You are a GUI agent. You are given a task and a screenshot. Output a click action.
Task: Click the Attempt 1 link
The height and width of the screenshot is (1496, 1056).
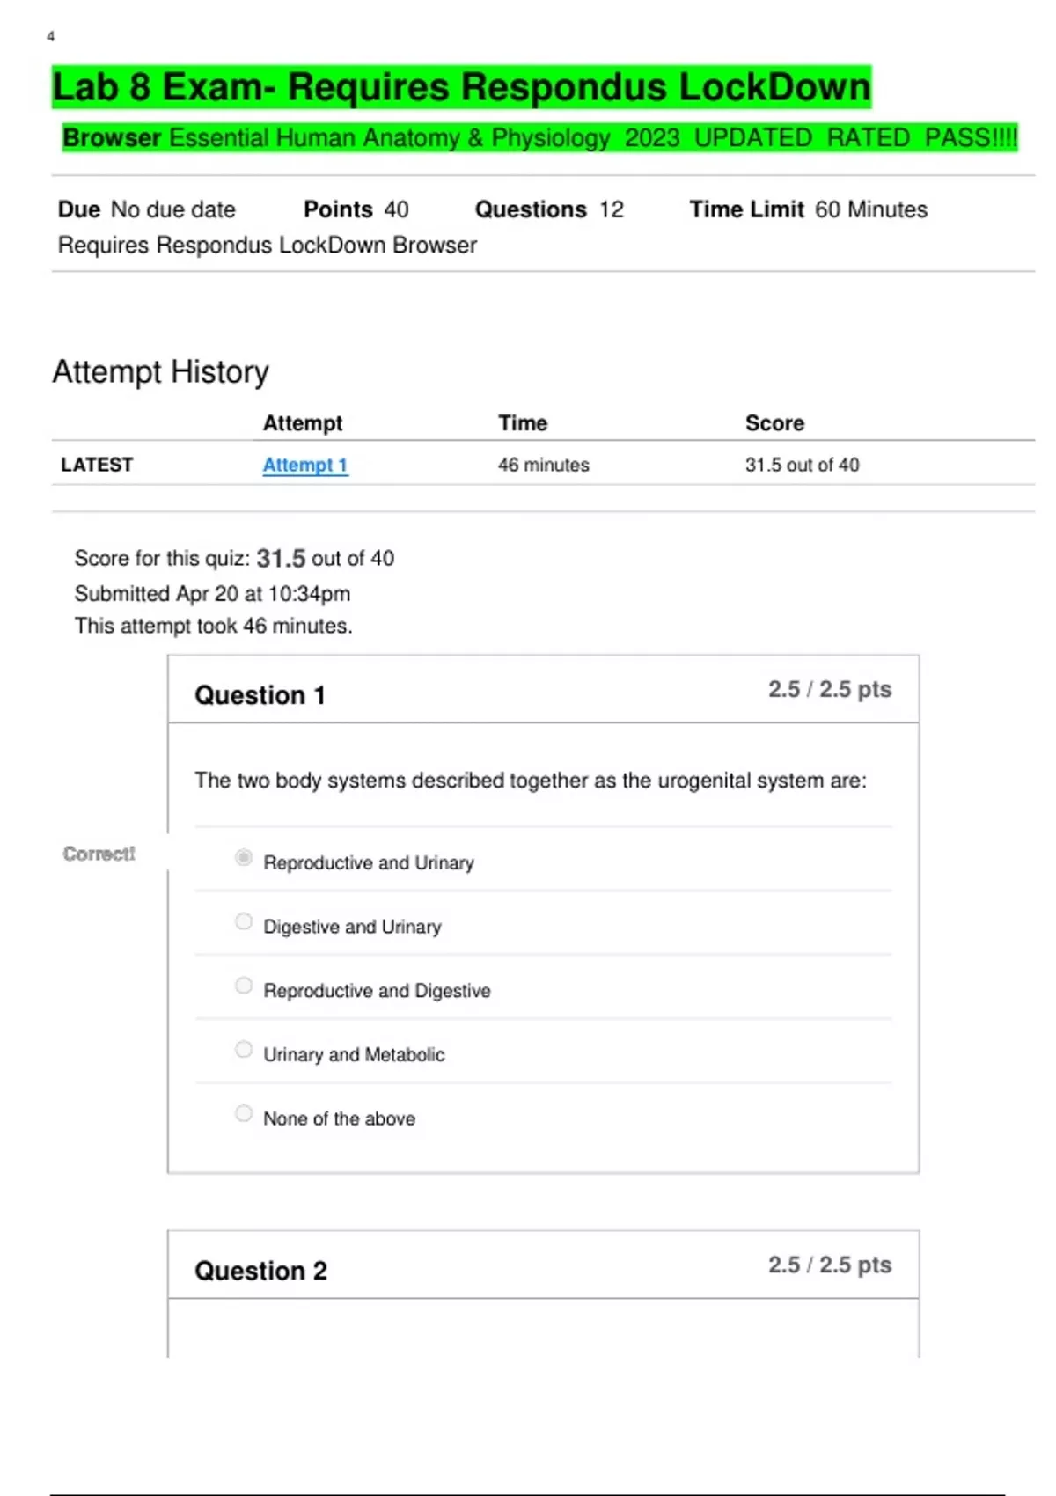(304, 465)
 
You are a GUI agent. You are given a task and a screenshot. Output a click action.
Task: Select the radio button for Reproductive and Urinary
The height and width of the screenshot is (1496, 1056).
(244, 857)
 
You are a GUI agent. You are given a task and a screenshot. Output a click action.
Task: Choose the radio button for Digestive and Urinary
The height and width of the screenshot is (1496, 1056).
(244, 921)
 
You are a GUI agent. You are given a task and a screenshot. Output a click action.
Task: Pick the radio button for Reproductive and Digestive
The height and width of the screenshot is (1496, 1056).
(244, 986)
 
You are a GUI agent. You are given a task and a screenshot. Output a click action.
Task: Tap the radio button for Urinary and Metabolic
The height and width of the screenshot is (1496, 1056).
(244, 1049)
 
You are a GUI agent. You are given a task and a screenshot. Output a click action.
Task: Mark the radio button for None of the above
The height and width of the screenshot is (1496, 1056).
(244, 1113)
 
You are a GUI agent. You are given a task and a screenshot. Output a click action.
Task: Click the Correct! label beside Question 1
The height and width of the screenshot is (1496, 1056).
(99, 854)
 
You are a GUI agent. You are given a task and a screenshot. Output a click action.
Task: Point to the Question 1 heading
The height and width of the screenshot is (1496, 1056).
(260, 695)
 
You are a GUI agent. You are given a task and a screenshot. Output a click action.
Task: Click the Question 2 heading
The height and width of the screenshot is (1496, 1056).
(260, 1271)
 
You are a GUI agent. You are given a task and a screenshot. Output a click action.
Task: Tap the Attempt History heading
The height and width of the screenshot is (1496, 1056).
(160, 371)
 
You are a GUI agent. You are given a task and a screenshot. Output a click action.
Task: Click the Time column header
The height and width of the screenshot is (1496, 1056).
(523, 423)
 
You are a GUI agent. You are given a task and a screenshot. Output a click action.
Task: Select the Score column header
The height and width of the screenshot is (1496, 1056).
(774, 423)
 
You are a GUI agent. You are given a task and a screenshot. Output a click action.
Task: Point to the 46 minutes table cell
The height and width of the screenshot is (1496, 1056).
(543, 465)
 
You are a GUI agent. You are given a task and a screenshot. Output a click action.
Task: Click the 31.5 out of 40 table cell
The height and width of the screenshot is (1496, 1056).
(802, 465)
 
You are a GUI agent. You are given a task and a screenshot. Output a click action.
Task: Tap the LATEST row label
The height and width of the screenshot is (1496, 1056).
(97, 465)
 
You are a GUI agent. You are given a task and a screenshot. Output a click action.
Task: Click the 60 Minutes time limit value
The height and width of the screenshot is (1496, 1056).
(870, 209)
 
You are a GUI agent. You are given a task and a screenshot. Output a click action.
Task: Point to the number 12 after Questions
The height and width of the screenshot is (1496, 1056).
(612, 209)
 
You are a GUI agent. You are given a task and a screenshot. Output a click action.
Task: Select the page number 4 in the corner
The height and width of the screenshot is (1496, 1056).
(51, 36)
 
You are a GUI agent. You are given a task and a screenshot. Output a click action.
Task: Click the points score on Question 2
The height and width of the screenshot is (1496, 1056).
(829, 1265)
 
